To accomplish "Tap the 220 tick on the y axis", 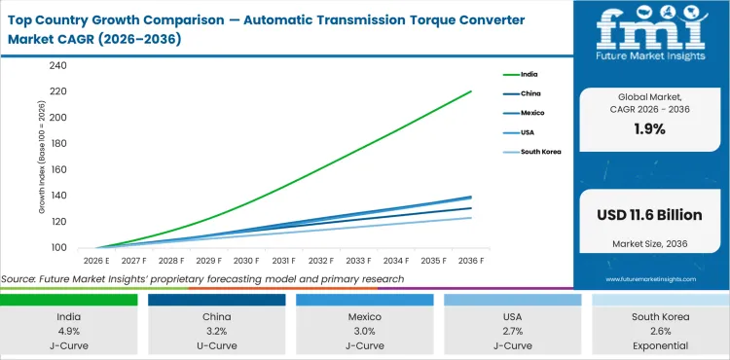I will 57,91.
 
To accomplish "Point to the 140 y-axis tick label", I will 57,196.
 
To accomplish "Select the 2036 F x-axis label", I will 471,261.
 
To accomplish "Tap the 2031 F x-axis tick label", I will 283,261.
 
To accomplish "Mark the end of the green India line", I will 471,91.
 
